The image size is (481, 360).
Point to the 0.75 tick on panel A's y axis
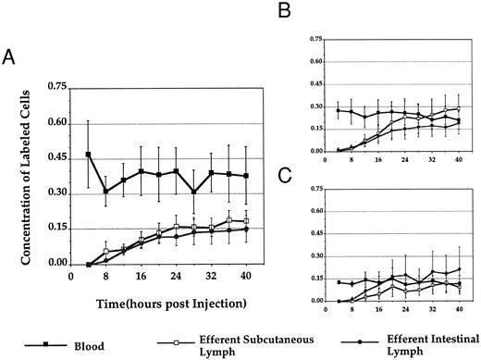[x=53, y=88]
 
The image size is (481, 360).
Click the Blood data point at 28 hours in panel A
[x=192, y=192]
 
